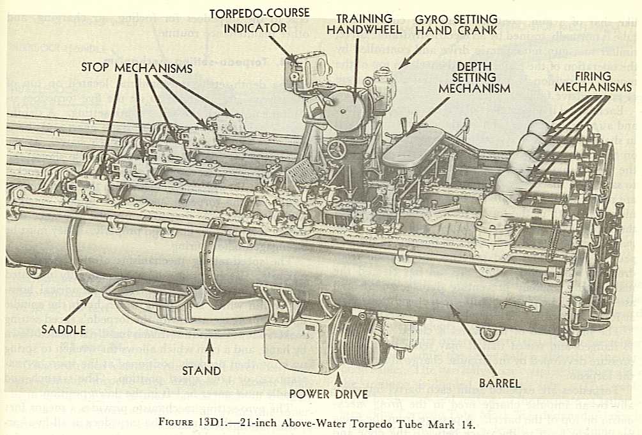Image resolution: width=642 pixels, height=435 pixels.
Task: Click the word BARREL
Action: pos(501,385)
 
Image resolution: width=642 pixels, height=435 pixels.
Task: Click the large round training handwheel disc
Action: pos(345,111)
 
